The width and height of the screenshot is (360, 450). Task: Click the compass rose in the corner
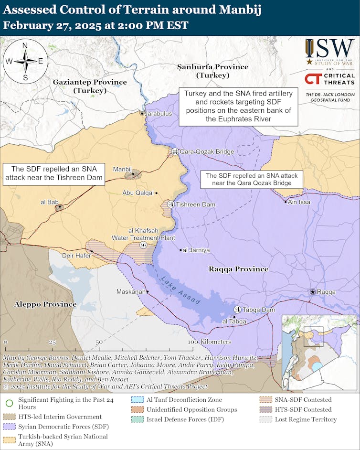pyautogui.click(x=25, y=61)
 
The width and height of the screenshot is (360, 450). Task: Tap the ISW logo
pyautogui.click(x=330, y=49)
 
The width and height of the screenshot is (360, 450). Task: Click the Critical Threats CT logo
pyautogui.click(x=313, y=79)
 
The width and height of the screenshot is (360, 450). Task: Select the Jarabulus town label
pyautogui.click(x=159, y=114)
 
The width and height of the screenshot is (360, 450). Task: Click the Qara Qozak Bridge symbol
pyautogui.click(x=175, y=151)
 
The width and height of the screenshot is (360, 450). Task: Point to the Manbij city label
pyautogui.click(x=122, y=169)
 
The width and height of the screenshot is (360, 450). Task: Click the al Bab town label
pyautogui.click(x=49, y=202)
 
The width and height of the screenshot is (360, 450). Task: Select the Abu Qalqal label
pyautogui.click(x=138, y=193)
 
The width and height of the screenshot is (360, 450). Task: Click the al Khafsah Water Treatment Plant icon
pyautogui.click(x=143, y=245)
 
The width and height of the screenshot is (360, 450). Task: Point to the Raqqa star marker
pyautogui.click(x=312, y=291)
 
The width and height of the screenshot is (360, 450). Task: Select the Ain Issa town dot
pyautogui.click(x=286, y=202)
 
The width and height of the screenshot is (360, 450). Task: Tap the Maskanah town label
pyautogui.click(x=131, y=291)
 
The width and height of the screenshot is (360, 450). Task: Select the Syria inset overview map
pyautogui.click(x=318, y=353)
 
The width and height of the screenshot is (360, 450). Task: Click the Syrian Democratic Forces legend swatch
pyautogui.click(x=10, y=427)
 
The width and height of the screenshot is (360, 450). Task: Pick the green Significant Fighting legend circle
pyautogui.click(x=10, y=402)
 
